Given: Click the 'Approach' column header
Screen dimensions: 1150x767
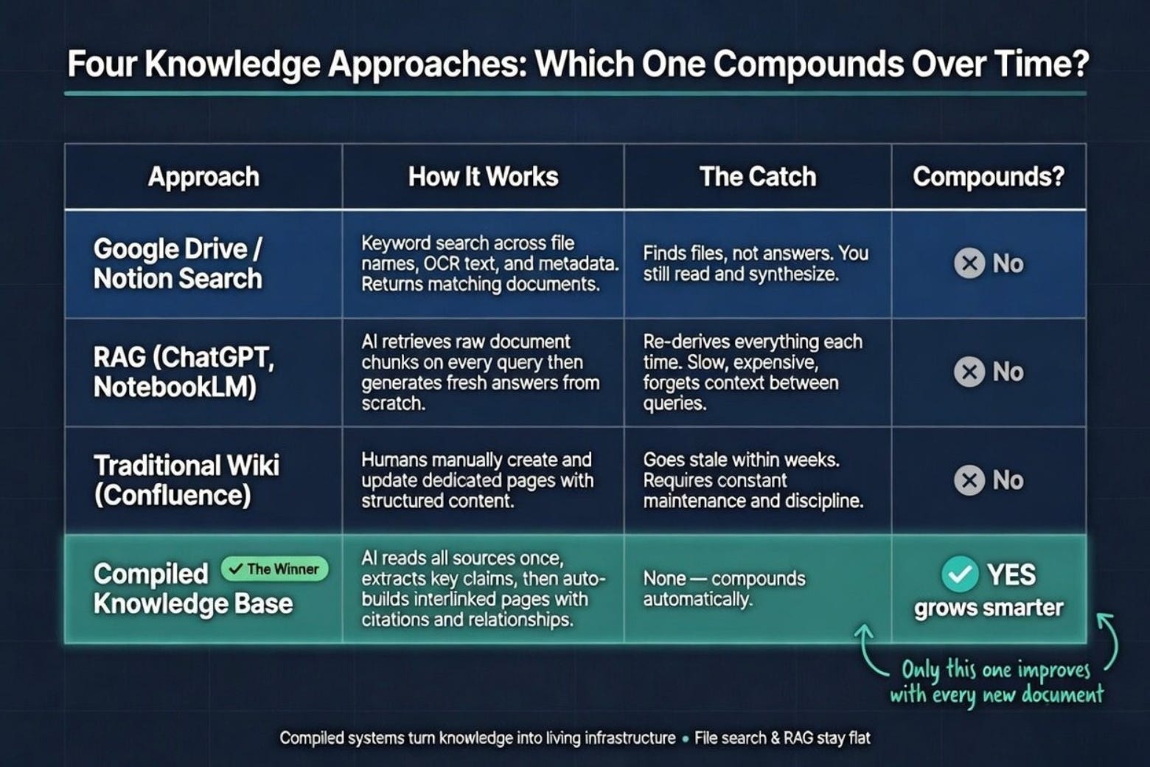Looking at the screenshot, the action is [203, 178].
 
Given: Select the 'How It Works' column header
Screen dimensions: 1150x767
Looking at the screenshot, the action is [483, 177].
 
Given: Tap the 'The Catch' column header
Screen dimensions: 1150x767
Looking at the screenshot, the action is [757, 177].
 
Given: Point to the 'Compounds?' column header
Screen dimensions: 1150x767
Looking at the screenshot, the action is [989, 177].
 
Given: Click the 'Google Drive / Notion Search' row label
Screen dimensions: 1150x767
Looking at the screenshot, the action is [178, 263].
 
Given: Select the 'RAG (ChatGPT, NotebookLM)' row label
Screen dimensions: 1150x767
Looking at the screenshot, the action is [184, 372].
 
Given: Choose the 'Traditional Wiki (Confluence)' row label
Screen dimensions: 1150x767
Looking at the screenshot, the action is [187, 480].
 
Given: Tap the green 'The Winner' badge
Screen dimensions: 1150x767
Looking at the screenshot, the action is [274, 569].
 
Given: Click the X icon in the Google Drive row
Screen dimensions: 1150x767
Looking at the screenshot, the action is [969, 263].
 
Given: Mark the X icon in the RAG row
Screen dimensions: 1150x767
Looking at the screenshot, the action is [969, 372].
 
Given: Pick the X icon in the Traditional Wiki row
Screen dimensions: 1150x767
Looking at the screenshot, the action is [969, 480].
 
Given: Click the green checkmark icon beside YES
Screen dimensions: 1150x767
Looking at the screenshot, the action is [960, 574].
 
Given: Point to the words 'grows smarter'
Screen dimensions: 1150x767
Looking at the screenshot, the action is [989, 608].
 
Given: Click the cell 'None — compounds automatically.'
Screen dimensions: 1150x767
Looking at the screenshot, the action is [724, 589].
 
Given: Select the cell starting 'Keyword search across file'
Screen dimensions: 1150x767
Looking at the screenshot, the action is [489, 263].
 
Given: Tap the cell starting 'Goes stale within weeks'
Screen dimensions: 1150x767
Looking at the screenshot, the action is [753, 480].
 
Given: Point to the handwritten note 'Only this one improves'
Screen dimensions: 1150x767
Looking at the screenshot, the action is [996, 670].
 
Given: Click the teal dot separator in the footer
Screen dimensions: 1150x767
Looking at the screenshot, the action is [686, 739].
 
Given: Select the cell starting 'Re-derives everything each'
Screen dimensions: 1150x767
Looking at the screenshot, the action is [752, 372].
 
